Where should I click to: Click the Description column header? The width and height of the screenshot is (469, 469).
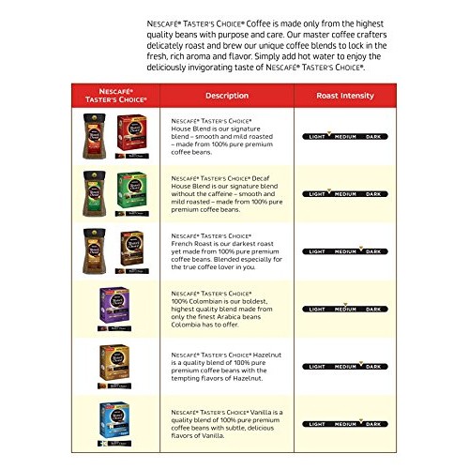[x=227, y=95]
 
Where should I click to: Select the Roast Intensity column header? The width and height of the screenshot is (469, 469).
[x=346, y=95]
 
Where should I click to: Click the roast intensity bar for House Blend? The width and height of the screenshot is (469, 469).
[x=346, y=137]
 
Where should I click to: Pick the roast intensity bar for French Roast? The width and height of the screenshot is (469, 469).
[x=346, y=251]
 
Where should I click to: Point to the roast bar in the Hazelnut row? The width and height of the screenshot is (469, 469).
[x=346, y=365]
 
